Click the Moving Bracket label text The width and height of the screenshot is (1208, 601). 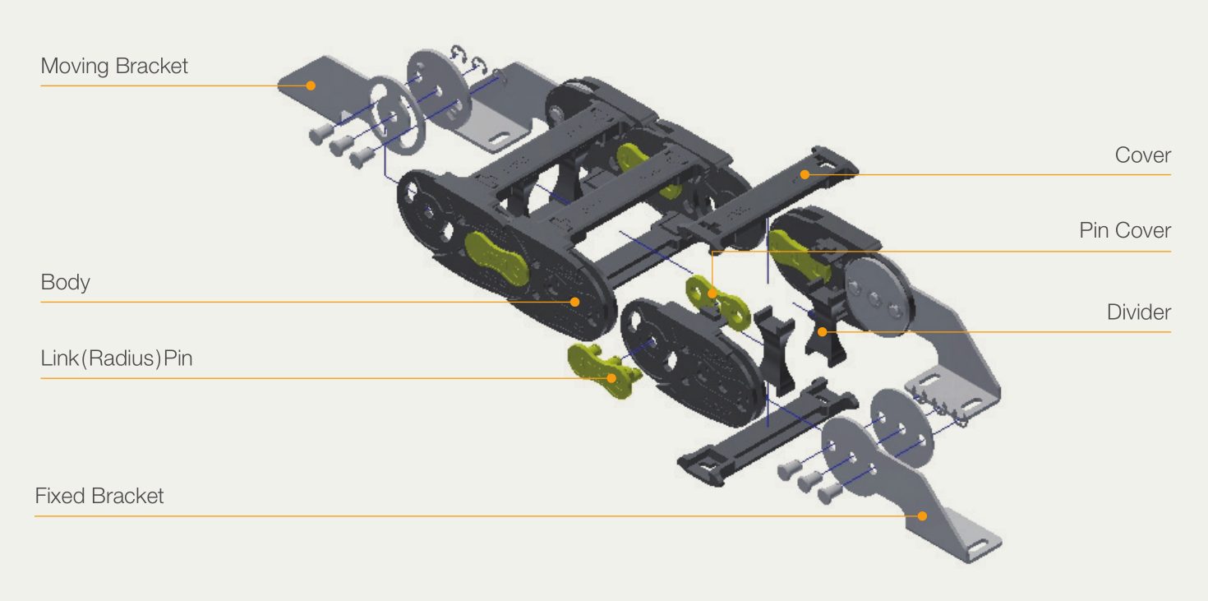pos(114,67)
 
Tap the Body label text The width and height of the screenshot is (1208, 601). pos(65,282)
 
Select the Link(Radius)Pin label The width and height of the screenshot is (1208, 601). pos(117,358)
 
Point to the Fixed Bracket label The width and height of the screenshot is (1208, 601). pos(99,496)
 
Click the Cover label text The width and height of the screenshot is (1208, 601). pos(1143,155)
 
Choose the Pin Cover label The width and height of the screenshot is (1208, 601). pos(1125,230)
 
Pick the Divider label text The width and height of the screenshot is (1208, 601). pos(1139,312)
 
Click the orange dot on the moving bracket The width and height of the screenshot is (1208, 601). pos(311,86)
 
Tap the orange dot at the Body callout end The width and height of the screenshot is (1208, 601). pos(575,302)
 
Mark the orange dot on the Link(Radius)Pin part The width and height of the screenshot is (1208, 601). pos(611,378)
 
